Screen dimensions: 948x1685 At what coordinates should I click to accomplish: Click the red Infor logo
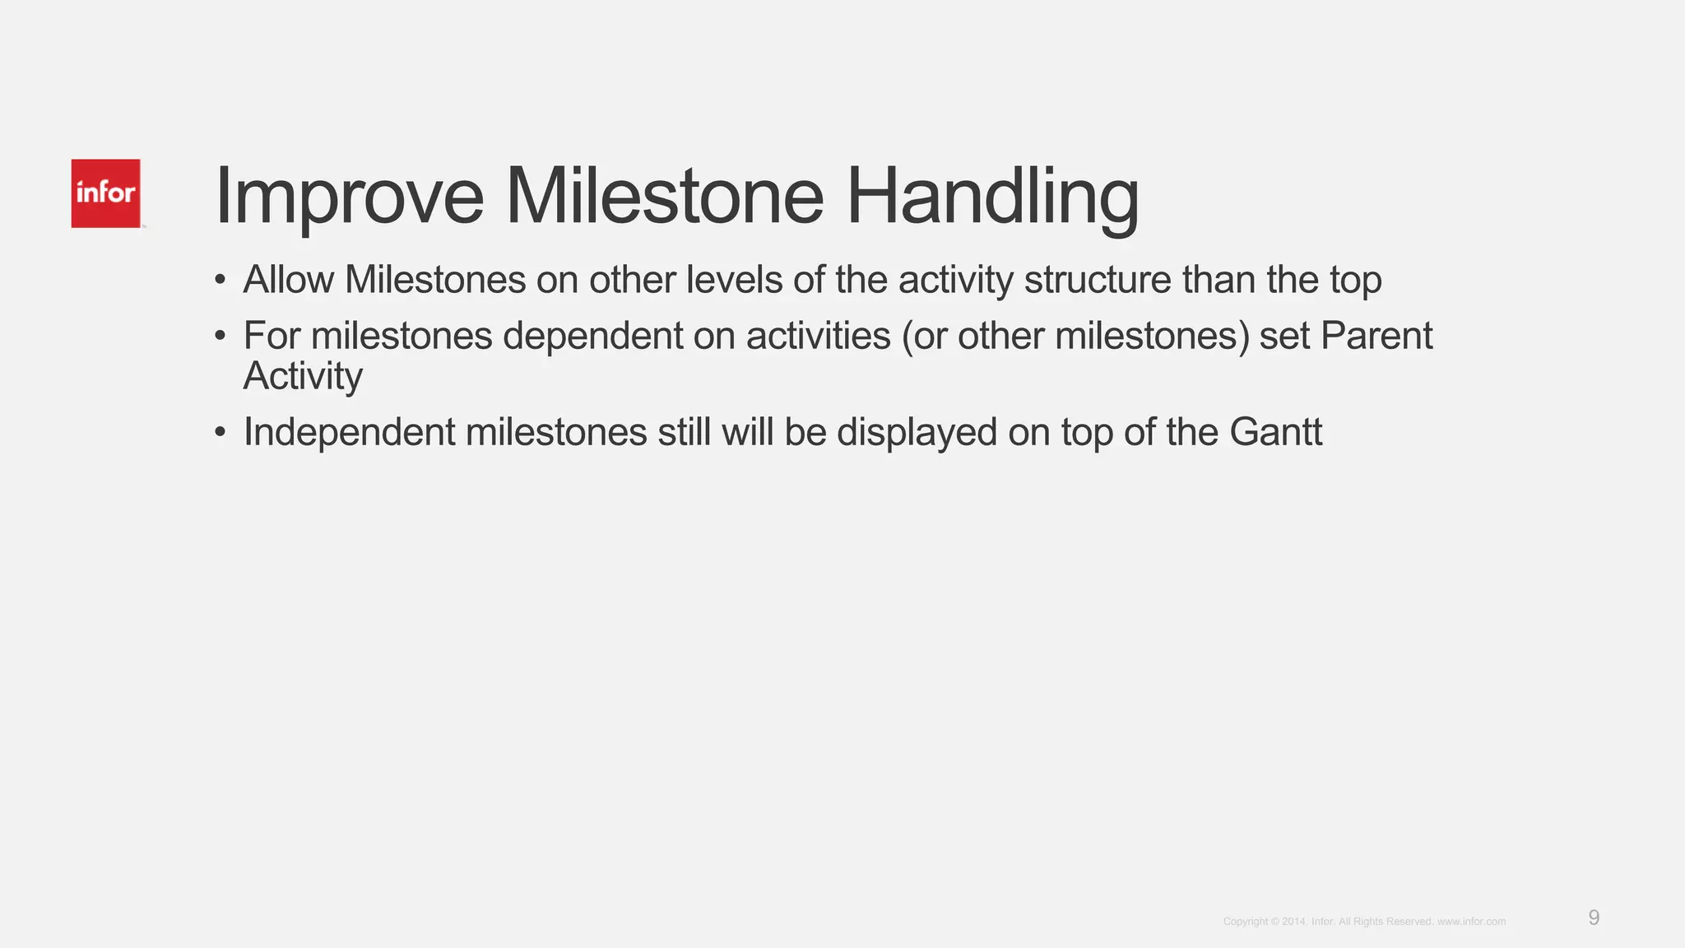[105, 193]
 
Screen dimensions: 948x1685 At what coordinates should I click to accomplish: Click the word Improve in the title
[349, 197]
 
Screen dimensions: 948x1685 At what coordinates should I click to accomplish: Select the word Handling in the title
[992, 197]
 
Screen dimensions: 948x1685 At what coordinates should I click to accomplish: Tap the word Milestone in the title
[664, 197]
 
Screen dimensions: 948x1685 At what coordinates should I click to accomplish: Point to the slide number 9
[1594, 918]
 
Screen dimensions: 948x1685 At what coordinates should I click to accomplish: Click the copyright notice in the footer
[1364, 922]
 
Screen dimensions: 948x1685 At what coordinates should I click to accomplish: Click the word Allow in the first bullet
[288, 280]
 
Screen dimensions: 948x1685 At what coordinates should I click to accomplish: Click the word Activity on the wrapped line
[303, 377]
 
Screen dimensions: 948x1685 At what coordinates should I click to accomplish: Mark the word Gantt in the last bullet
[1276, 433]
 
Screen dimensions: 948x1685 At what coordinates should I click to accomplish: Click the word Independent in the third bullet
[349, 433]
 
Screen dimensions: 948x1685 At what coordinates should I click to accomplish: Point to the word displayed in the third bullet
[917, 433]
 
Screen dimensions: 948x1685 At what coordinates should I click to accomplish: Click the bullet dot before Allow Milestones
[220, 281]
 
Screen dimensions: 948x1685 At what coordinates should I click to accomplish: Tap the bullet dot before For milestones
[220, 337]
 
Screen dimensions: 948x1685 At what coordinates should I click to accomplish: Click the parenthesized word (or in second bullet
[925, 336]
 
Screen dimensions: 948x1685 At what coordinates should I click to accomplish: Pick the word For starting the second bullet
[272, 336]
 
